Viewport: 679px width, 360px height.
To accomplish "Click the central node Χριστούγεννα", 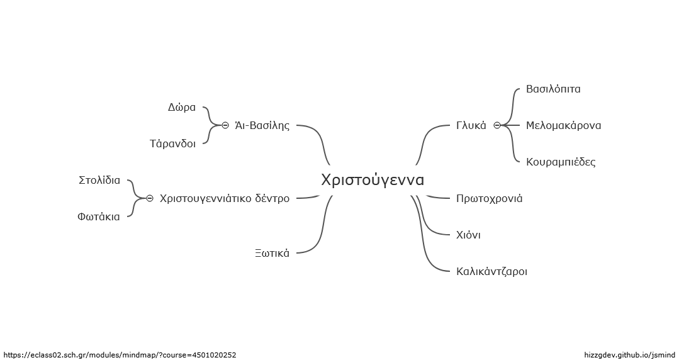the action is tap(373, 180).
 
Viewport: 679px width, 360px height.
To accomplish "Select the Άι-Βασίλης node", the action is tap(262, 126).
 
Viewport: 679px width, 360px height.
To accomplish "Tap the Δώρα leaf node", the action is tap(182, 108).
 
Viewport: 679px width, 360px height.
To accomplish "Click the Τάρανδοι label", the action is tap(173, 144).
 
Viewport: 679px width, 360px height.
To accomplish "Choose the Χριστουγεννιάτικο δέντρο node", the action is tap(225, 198).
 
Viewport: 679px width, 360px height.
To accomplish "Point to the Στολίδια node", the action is tap(99, 180).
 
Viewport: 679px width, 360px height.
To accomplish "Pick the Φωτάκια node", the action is tap(99, 217).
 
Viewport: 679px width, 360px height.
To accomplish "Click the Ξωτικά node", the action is tap(272, 253).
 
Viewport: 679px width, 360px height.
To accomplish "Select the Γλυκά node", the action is tap(471, 126).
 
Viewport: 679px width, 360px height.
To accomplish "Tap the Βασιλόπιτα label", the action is tap(553, 89).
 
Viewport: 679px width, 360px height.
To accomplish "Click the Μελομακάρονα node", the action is tap(563, 126).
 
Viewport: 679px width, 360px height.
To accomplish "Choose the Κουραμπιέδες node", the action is tap(561, 162).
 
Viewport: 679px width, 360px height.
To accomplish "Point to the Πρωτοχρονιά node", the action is tap(490, 198).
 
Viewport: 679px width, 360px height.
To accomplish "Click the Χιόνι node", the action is tap(469, 235).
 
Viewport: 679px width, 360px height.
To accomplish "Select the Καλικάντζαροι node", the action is tap(492, 272).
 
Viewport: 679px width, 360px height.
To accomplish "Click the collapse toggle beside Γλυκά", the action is tap(497, 126).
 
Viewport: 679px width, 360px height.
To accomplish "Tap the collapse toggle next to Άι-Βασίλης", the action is tap(225, 126).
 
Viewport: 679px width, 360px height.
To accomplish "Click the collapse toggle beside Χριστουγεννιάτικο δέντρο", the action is tap(150, 198).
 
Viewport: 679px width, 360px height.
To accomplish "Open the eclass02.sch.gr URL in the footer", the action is tap(120, 355).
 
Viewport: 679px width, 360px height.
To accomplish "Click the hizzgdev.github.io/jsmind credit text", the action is tap(629, 355).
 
